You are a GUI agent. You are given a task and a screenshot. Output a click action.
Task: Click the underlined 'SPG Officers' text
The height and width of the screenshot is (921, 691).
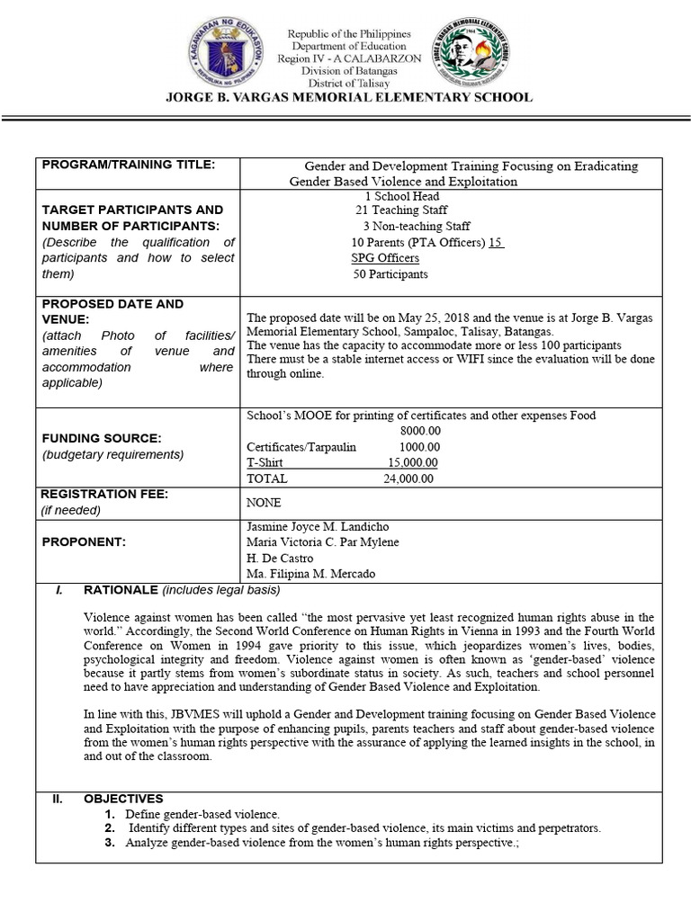click(385, 258)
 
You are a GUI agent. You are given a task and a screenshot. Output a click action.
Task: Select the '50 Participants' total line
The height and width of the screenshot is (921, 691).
click(390, 274)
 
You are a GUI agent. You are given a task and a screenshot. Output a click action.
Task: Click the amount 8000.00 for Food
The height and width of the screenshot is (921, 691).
click(420, 431)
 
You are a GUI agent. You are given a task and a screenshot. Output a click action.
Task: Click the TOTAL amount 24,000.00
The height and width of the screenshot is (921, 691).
click(408, 478)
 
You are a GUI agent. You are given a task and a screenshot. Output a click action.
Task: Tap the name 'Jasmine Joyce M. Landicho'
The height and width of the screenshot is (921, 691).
click(318, 526)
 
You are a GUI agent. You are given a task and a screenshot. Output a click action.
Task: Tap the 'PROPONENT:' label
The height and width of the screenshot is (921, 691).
click(84, 542)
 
